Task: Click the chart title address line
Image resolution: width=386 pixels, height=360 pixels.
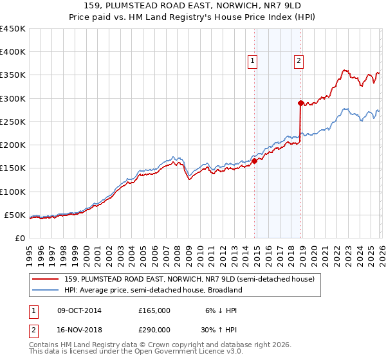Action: point(192,6)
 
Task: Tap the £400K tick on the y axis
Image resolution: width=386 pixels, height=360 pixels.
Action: point(13,52)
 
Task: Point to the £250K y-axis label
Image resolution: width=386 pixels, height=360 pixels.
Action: point(13,122)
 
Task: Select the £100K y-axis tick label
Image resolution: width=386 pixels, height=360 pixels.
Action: point(13,192)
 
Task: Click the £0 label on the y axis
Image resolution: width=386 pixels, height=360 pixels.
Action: point(20,238)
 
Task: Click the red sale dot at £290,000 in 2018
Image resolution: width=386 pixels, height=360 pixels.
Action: point(300,103)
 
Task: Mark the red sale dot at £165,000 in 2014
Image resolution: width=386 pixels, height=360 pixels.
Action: point(254,161)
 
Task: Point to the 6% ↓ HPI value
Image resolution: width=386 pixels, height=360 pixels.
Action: point(221,310)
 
